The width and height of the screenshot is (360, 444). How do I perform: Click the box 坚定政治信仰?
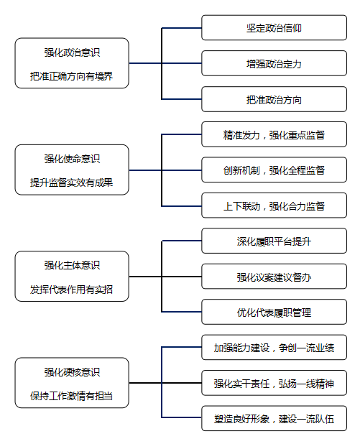coord(274,28)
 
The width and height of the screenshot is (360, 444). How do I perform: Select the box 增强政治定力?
coord(274,63)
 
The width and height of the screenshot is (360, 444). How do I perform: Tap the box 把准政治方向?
coord(274,99)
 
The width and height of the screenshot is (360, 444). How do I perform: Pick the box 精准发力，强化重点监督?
coord(274,134)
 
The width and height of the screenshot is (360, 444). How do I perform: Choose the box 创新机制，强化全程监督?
coord(274,170)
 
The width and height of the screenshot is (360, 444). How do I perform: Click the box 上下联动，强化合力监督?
coord(274,205)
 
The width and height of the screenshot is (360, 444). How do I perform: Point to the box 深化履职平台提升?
coord(274,241)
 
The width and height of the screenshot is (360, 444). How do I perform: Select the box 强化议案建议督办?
coord(274,277)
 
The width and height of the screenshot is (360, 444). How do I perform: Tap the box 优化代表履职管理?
coord(274,312)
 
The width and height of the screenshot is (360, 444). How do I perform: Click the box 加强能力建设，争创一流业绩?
coord(274,348)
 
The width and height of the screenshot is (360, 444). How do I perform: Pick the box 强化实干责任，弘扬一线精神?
coord(274,383)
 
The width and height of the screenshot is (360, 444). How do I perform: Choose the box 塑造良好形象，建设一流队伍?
coord(274,419)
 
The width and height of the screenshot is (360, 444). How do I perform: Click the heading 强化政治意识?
coord(72,52)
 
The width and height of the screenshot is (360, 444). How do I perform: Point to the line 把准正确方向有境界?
coord(72,76)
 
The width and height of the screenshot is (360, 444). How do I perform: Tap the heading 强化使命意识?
coord(72,159)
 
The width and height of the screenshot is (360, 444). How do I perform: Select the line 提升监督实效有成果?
coord(72,182)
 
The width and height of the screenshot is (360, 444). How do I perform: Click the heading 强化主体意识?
coord(72,265)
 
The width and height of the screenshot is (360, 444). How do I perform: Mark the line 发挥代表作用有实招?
coord(72,290)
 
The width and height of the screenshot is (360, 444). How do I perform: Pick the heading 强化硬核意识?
coord(72,372)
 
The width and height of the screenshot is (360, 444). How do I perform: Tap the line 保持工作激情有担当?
coord(72,396)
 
